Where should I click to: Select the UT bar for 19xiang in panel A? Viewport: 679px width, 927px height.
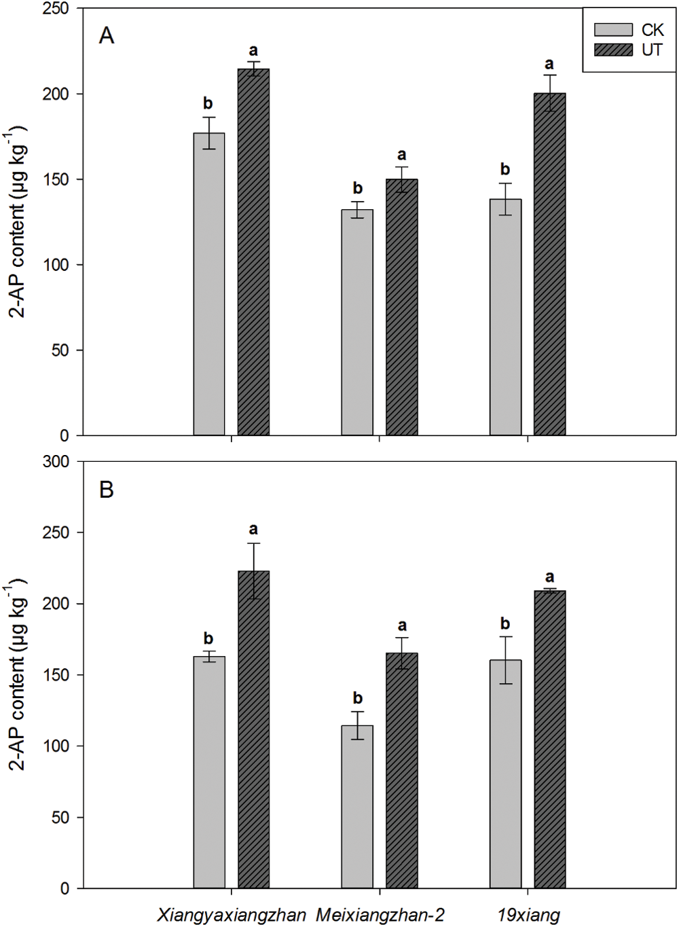tap(549, 264)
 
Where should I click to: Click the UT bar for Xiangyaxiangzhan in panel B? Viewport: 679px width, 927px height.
tap(253, 729)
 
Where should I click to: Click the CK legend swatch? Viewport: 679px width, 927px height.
tap(613, 30)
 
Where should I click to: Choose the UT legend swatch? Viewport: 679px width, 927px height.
tap(613, 50)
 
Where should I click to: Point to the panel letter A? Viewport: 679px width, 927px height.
tap(107, 35)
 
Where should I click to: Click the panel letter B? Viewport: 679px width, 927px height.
tap(107, 490)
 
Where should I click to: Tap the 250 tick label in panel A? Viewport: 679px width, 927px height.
tap(56, 9)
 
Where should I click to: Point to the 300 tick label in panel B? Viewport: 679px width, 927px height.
tap(56, 462)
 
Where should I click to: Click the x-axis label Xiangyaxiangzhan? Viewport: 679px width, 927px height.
tap(232, 915)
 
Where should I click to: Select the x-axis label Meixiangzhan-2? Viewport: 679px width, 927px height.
tap(380, 915)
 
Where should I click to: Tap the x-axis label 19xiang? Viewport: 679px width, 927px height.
tap(528, 915)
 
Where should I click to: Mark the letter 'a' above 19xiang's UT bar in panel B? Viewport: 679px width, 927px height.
tap(549, 578)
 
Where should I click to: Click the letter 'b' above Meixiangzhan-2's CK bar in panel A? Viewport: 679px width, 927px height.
tap(358, 188)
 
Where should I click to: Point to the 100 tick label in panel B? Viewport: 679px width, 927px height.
tap(56, 746)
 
